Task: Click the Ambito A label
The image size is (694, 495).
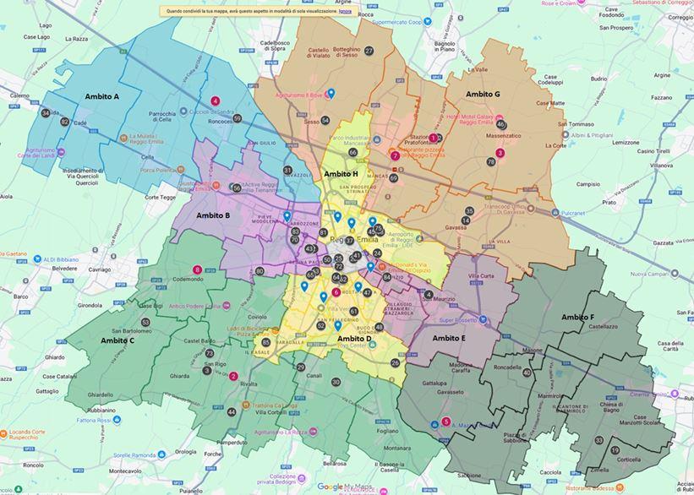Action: click(x=102, y=97)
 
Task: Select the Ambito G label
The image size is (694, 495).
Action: click(x=483, y=94)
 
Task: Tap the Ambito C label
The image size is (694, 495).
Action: click(x=117, y=340)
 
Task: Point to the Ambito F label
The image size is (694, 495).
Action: click(x=578, y=317)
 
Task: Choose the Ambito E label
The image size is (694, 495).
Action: click(x=449, y=338)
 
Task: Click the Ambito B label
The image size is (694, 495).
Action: click(x=213, y=215)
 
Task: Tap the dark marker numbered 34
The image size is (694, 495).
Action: click(x=46, y=113)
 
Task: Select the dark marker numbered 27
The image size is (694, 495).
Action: click(x=369, y=51)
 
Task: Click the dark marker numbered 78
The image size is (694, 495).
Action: click(x=491, y=161)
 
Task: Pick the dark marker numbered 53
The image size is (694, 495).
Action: click(x=145, y=322)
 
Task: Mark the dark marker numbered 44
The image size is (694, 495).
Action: click(x=232, y=412)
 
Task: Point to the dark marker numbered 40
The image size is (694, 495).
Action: click(x=527, y=373)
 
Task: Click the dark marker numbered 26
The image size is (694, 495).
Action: click(x=395, y=362)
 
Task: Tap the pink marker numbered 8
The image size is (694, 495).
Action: click(x=198, y=270)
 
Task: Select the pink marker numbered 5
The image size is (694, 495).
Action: click(x=446, y=422)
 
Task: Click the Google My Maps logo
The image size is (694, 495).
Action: click(x=342, y=487)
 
